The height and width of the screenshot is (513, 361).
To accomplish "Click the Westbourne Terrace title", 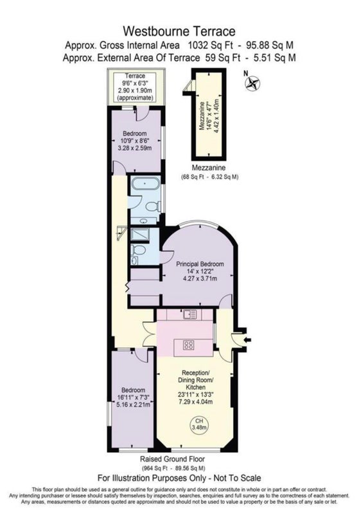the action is [179, 31].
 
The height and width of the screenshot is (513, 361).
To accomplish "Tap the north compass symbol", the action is [252, 83].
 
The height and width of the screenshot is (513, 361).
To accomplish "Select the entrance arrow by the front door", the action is [247, 340].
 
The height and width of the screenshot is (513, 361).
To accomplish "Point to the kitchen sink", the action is [190, 314].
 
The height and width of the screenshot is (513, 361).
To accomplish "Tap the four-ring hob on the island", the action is [188, 345].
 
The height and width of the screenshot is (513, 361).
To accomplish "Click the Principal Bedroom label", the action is [200, 264].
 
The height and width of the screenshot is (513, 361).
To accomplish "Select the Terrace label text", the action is [135, 76].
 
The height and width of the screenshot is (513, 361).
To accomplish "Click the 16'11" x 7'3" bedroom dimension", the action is [133, 397].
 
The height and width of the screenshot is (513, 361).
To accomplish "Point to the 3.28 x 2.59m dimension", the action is [135, 148].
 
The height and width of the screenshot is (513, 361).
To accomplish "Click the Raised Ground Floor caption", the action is [173, 459].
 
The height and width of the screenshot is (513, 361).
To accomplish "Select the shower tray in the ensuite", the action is [140, 234].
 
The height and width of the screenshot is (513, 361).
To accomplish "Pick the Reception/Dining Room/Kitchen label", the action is [195, 380].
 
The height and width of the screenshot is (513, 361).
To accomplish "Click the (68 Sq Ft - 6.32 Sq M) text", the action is [210, 177].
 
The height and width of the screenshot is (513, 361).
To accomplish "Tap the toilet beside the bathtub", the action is [153, 206].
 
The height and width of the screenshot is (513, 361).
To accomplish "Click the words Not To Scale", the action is [237, 478].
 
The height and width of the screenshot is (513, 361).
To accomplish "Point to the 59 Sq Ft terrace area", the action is [223, 58].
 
